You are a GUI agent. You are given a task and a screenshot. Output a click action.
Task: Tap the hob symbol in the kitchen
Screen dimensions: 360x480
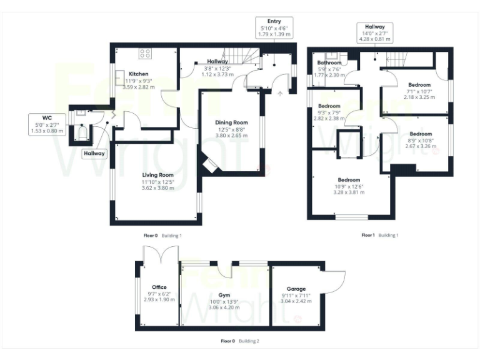(145, 54)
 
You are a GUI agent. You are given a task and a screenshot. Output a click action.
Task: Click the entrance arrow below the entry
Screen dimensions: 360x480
(279, 94)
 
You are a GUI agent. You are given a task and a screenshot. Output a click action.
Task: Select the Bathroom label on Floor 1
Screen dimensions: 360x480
(329, 63)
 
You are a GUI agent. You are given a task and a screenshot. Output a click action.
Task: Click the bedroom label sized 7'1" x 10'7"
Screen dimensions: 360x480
(419, 85)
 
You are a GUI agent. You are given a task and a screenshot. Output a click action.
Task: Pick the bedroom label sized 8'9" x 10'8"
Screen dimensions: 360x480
(421, 134)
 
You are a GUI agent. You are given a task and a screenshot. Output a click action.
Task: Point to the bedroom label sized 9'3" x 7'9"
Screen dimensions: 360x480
(329, 106)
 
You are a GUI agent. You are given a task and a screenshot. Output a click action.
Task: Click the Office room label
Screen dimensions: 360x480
(159, 287)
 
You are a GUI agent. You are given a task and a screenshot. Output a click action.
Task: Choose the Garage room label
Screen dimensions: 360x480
(296, 289)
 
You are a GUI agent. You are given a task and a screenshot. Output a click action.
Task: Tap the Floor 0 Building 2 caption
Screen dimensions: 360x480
(240, 341)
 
